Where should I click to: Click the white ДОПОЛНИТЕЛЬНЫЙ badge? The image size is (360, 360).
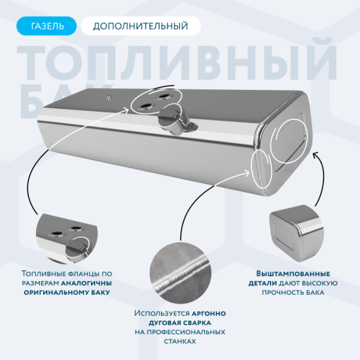[140, 26]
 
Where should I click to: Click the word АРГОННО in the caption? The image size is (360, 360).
[209, 313]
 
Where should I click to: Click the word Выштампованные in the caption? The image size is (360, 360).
[285, 274]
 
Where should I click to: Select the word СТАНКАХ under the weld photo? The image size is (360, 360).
[179, 341]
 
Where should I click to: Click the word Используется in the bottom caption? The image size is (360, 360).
[161, 313]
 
